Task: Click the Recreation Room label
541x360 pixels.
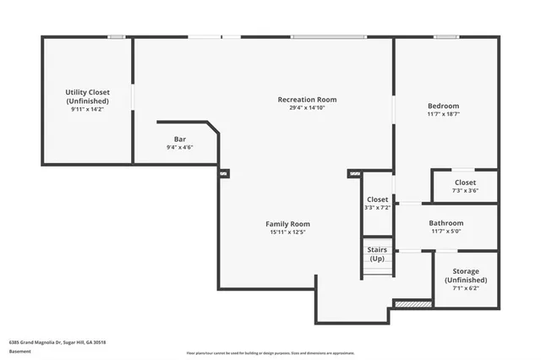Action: click(307, 100)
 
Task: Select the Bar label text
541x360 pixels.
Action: click(180, 139)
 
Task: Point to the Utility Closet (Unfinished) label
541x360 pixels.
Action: click(88, 96)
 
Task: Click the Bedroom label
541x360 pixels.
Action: click(444, 106)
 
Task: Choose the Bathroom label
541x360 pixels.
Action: click(447, 223)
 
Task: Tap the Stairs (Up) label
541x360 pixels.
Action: click(377, 254)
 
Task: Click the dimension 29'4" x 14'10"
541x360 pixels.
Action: click(307, 108)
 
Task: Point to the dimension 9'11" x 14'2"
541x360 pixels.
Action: click(88, 109)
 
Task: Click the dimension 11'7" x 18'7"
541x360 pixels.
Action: click(444, 114)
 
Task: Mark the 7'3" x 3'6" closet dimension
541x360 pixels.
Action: click(465, 191)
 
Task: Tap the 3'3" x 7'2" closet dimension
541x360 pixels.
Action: click(377, 208)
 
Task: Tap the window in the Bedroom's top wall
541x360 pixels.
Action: click(447, 36)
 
